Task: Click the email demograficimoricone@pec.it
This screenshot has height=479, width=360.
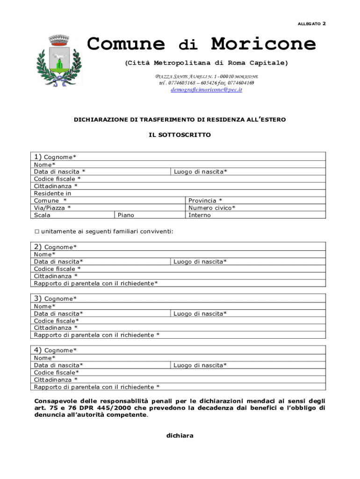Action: (x=206, y=89)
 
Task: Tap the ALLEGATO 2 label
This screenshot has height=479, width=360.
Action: (x=311, y=23)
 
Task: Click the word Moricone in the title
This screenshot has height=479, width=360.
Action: (x=263, y=44)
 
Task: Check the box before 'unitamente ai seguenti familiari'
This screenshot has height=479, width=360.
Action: (x=37, y=231)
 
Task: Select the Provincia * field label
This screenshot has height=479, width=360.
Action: (x=205, y=200)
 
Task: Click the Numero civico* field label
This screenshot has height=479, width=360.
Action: (x=212, y=208)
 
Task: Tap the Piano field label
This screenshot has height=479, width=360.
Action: (x=126, y=215)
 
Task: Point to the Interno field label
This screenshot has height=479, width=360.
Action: (x=200, y=215)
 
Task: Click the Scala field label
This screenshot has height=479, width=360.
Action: (x=42, y=215)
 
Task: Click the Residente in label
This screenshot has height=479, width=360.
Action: (x=52, y=193)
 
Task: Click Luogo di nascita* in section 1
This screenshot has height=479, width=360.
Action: (x=201, y=172)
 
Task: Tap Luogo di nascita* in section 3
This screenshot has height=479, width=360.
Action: (x=200, y=313)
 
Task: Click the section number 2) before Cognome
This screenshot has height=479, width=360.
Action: (x=38, y=247)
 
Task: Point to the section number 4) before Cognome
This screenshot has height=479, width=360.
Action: (x=38, y=350)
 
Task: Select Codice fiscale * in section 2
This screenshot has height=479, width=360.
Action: (x=57, y=269)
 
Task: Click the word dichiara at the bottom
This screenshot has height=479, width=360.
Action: (x=180, y=435)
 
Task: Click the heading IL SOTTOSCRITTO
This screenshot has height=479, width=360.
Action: (x=180, y=135)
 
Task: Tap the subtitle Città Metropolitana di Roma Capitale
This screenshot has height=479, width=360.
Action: (x=206, y=63)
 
